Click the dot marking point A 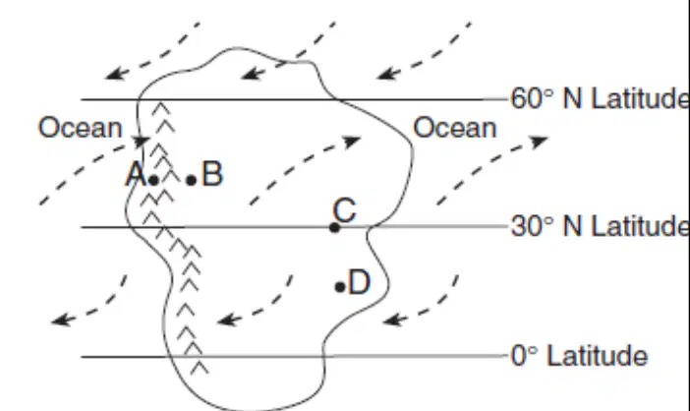(x=153, y=180)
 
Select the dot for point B (x=191, y=180)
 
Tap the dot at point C (x=334, y=227)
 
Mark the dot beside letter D (x=340, y=287)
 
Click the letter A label (x=136, y=174)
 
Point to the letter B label (x=212, y=174)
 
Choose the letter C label (x=345, y=209)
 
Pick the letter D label (x=359, y=282)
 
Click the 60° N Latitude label (x=600, y=98)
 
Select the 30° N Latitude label (x=600, y=226)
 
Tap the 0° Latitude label (x=579, y=356)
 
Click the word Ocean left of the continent (x=80, y=128)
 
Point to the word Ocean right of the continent (x=454, y=128)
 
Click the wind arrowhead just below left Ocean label (x=142, y=141)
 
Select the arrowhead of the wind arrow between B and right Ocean (x=352, y=142)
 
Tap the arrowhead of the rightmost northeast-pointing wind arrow (x=539, y=142)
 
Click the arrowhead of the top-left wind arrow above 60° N (x=115, y=74)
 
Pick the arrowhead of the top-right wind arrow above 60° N (x=387, y=74)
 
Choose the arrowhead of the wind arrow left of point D (x=228, y=320)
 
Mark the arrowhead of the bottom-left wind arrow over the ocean (x=62, y=320)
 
